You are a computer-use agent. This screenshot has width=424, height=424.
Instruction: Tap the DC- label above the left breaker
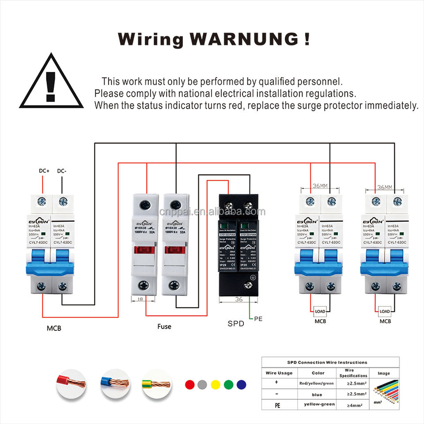(62, 170)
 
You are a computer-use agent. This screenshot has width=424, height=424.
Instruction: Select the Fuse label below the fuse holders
(164, 327)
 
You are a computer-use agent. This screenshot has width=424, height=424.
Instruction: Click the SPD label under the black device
(236, 323)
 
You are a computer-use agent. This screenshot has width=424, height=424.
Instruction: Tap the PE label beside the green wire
(258, 318)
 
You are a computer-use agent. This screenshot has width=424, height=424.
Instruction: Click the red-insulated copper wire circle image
(71, 383)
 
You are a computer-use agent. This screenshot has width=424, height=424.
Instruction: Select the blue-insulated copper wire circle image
(114, 383)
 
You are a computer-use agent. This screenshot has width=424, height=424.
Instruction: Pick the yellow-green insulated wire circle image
(156, 383)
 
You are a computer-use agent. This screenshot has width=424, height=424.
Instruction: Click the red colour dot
(189, 384)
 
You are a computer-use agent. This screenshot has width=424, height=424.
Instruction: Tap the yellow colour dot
(215, 384)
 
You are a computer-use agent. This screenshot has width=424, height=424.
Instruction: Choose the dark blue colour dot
(241, 384)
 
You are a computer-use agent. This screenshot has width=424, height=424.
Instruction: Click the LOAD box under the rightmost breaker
(385, 311)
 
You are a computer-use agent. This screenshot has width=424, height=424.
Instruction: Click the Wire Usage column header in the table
(279, 373)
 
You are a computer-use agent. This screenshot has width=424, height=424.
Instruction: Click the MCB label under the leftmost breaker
(54, 329)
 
